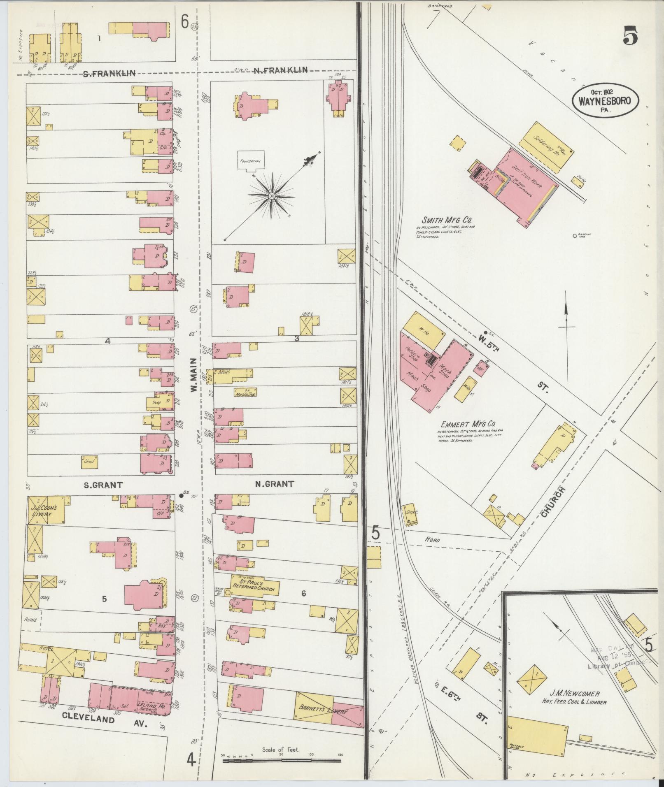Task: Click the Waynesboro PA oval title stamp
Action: [x=605, y=100]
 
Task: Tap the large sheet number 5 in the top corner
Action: [x=630, y=36]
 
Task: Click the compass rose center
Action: [x=272, y=197]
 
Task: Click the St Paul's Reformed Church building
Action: [x=255, y=588]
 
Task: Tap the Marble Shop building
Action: [x=245, y=393]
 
